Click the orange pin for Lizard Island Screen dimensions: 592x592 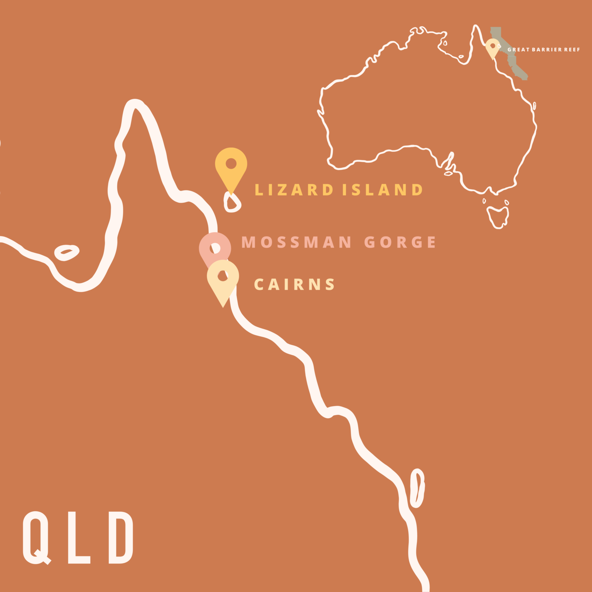[231, 174]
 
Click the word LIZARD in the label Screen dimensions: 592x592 [294, 190]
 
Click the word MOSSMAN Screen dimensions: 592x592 [296, 242]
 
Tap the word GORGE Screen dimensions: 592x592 [400, 242]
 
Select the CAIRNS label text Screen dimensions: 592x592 [294, 285]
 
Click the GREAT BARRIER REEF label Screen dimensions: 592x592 [544, 50]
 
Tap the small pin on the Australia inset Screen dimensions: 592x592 [492, 48]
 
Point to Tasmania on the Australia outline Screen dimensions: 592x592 [498, 216]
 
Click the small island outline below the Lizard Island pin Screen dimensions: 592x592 [232, 203]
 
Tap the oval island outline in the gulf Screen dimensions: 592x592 [67, 252]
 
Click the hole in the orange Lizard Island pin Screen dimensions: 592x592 [231, 163]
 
